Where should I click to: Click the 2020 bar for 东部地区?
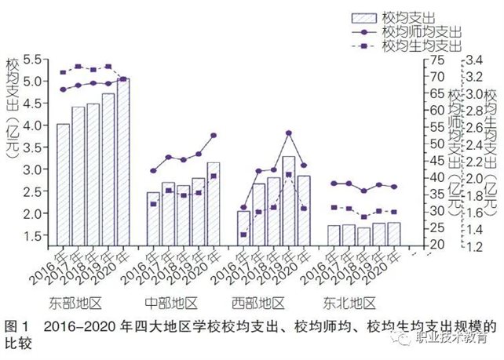coord(123,161)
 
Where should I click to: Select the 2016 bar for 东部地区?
coord(63,184)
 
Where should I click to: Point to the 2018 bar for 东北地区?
coord(364,236)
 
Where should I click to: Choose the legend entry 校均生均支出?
coord(421,46)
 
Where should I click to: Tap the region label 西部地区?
coord(259,303)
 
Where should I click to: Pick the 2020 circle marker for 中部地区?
coord(214,135)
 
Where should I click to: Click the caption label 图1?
coord(16,325)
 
